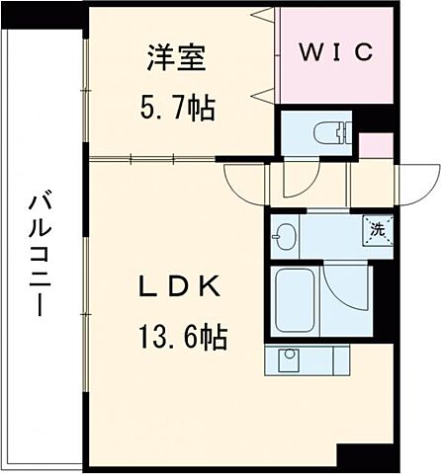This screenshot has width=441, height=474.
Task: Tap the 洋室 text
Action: [177, 60]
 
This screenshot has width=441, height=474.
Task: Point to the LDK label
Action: [177, 288]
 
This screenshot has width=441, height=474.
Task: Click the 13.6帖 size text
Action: [177, 338]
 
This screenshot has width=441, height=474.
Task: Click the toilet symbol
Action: [327, 130]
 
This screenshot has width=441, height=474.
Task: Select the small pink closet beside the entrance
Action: [372, 145]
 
